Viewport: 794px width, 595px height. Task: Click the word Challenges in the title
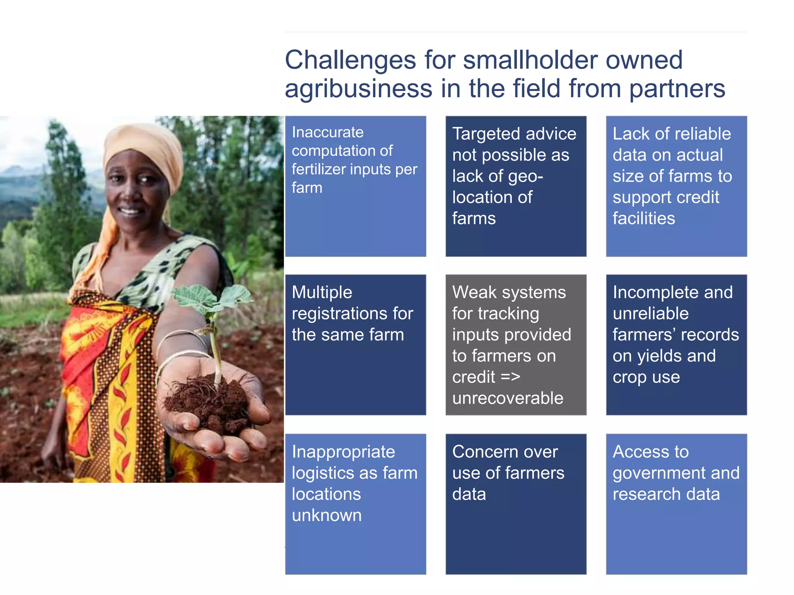pos(350,60)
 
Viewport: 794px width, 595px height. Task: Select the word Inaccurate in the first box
pos(328,132)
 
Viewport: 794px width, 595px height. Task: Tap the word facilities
pos(644,218)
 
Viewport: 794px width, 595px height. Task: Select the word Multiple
pos(322,292)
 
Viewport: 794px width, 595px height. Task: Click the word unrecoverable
pos(507,398)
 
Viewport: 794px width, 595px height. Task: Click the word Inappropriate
pos(343,452)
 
